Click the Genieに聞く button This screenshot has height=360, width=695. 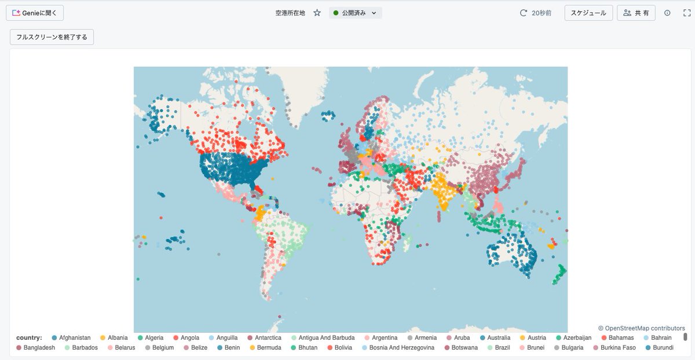[x=35, y=13]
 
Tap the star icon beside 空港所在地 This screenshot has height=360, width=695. [x=317, y=13]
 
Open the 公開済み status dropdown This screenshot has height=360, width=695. [x=355, y=13]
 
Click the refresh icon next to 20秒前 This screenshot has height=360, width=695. [x=524, y=13]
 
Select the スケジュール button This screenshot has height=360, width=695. [x=588, y=13]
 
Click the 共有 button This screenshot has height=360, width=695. [x=636, y=13]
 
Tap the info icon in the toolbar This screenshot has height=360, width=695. [x=667, y=13]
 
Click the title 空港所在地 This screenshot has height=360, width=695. [x=290, y=13]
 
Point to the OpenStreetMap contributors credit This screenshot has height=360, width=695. [x=641, y=328]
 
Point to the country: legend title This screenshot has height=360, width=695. [x=29, y=337]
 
